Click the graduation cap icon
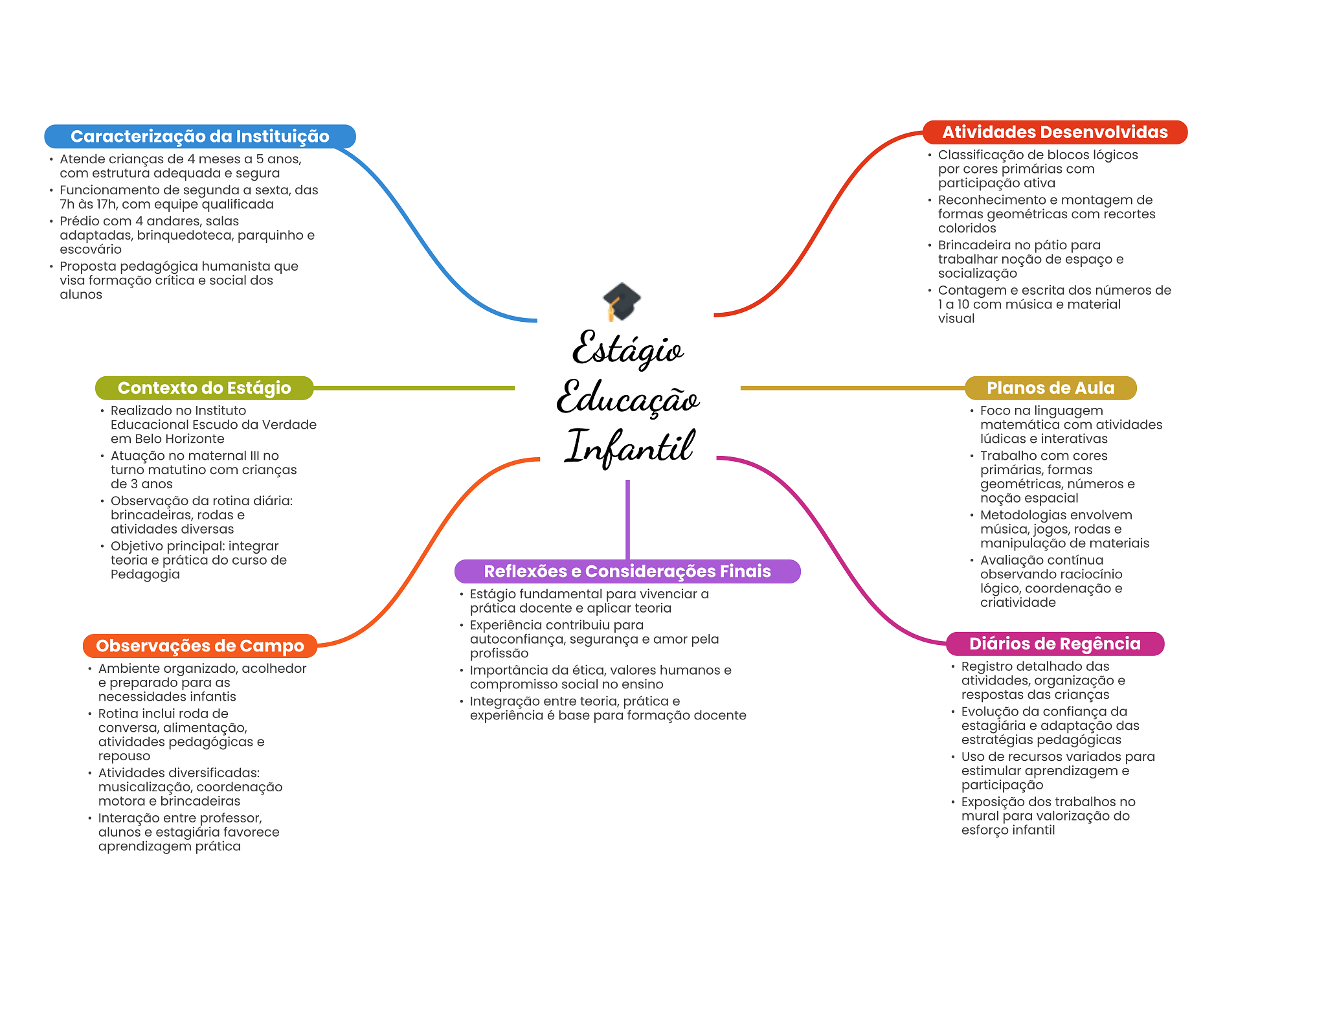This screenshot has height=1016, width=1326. pyautogui.click(x=622, y=302)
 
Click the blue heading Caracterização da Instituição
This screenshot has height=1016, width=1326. pyautogui.click(x=199, y=137)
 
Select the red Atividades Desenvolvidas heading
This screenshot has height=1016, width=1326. pyautogui.click(x=1055, y=132)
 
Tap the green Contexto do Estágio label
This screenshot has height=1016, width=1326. pyautogui.click(x=204, y=388)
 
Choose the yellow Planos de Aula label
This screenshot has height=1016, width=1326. pyautogui.click(x=1050, y=388)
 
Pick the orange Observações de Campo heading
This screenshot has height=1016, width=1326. pyautogui.click(x=199, y=646)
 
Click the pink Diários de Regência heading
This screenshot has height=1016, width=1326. pyautogui.click(x=1055, y=644)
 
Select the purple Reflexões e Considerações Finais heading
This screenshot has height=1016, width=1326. pyautogui.click(x=627, y=571)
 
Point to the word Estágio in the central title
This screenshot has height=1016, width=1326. pyautogui.click(x=627, y=350)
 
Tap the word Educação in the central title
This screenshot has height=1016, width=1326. pyautogui.click(x=627, y=398)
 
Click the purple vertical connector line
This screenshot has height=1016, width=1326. pyautogui.click(x=627, y=518)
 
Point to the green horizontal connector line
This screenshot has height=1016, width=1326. pyautogui.click(x=414, y=388)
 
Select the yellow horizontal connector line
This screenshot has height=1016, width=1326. pyautogui.click(x=852, y=388)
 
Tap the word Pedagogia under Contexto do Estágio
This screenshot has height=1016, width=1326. pyautogui.click(x=145, y=574)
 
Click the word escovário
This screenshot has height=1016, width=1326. pyautogui.click(x=91, y=249)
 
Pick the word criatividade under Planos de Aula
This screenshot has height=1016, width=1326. pyautogui.click(x=1018, y=602)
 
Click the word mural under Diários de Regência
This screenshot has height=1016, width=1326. pyautogui.click(x=980, y=816)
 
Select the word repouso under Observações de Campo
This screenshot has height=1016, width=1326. pyautogui.click(x=124, y=756)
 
